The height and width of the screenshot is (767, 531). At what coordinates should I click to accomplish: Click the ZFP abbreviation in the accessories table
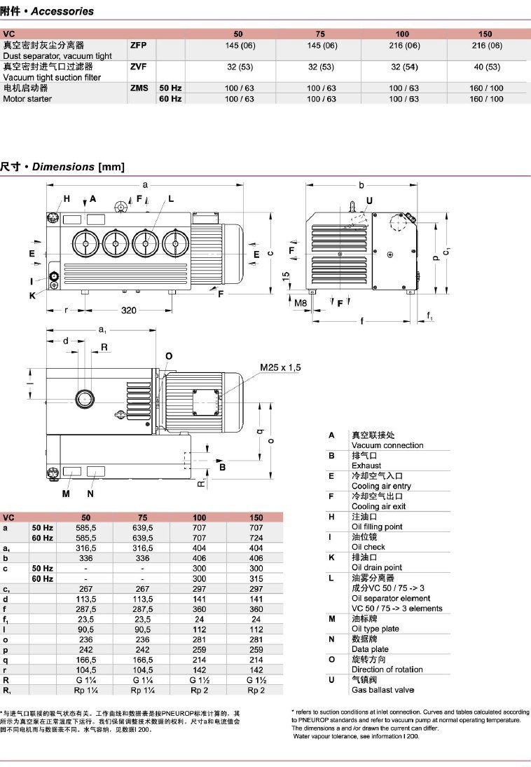click(x=139, y=45)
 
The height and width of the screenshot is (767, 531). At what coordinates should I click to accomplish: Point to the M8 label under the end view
click(x=300, y=303)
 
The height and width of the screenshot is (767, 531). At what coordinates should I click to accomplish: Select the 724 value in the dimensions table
click(x=256, y=538)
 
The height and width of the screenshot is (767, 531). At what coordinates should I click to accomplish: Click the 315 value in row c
click(x=256, y=578)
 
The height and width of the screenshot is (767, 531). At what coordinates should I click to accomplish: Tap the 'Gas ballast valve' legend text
click(x=383, y=691)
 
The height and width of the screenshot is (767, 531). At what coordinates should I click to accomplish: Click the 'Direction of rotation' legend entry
click(x=387, y=670)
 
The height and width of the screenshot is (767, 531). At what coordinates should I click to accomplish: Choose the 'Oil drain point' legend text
click(x=377, y=567)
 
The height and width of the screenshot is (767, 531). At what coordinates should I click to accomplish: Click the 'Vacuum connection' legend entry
click(x=387, y=445)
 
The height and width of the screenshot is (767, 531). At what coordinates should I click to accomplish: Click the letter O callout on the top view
click(x=168, y=356)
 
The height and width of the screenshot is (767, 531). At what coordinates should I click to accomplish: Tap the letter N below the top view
click(x=90, y=493)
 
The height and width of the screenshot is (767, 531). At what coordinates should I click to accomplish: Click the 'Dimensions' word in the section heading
click(x=63, y=167)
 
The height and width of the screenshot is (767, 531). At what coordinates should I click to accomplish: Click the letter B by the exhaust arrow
click(x=222, y=466)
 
